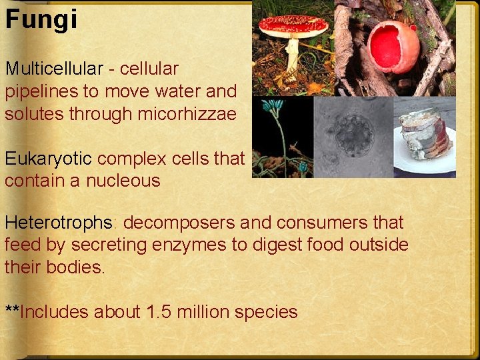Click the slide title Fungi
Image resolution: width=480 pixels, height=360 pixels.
41,19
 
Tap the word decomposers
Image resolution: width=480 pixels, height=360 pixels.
179,223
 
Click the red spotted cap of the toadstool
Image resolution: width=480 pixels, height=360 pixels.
293,26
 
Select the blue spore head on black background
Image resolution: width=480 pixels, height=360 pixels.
273,105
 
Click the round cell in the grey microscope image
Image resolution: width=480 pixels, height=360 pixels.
353,133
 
